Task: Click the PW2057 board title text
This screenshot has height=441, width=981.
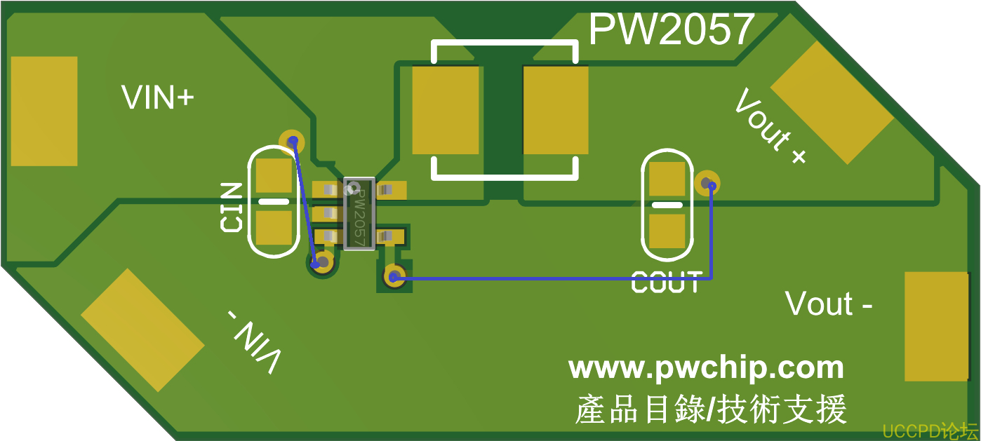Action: coord(671,29)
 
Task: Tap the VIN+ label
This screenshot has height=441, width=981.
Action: coord(157,98)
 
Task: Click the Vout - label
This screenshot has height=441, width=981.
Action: coord(829,304)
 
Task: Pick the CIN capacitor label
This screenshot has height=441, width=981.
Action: coord(231,208)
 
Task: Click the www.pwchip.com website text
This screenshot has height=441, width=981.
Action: coord(706,368)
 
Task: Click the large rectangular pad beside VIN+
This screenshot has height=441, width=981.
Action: coord(44,111)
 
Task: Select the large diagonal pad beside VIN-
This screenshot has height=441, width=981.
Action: coord(142,330)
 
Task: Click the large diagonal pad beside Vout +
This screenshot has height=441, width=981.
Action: coord(832,102)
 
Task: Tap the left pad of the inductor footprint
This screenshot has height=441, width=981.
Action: coord(445,109)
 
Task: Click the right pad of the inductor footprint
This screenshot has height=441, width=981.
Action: coord(555,109)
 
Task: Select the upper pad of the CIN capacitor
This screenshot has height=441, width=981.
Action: coord(272,176)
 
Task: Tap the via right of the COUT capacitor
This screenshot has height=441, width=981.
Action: coord(707,183)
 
